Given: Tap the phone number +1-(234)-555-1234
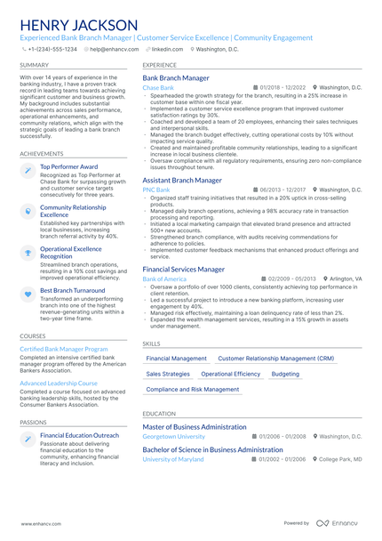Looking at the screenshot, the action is pyautogui.click(x=52, y=50).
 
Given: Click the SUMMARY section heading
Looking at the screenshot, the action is pyautogui.click(x=34, y=66).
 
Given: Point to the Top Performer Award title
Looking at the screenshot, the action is pyautogui.click(x=69, y=166).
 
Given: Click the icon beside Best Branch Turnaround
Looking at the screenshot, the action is pyautogui.click(x=28, y=292).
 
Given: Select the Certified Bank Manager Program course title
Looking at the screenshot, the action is pyautogui.click(x=64, y=350).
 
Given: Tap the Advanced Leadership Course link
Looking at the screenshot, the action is pyautogui.click(x=59, y=383).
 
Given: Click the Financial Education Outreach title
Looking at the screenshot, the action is pyautogui.click(x=79, y=435).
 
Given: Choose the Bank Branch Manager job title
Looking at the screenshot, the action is pyautogui.click(x=176, y=78).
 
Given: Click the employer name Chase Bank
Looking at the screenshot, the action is pyautogui.click(x=158, y=88).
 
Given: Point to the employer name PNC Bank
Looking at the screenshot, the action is pyautogui.click(x=155, y=190).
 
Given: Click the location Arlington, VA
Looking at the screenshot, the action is pyautogui.click(x=346, y=279).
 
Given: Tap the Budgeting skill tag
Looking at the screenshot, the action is pyautogui.click(x=285, y=375).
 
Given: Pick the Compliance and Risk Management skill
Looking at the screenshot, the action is pyautogui.click(x=193, y=390).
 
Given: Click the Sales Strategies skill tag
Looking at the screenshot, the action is pyautogui.click(x=168, y=375).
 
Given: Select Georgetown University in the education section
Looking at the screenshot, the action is pyautogui.click(x=173, y=437).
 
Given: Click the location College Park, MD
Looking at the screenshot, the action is pyautogui.click(x=341, y=459).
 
